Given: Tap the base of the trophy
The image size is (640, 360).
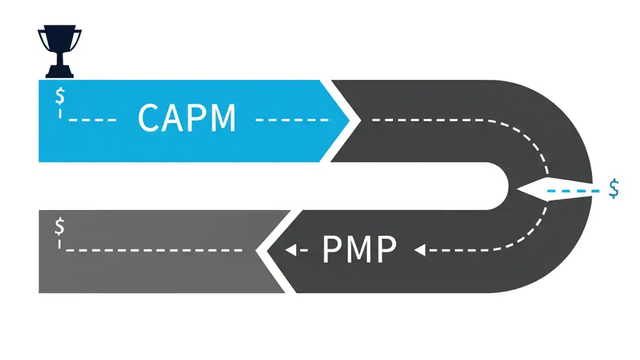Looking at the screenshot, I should pos(59,72).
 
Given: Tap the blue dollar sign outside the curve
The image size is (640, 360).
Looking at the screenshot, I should pos(614,189).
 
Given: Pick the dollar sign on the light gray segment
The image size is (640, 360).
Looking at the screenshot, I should pos(59,226).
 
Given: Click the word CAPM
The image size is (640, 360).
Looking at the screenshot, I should pos(186,118).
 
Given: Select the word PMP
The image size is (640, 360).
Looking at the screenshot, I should pos(359,249).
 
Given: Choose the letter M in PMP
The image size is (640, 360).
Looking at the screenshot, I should pos(359,249).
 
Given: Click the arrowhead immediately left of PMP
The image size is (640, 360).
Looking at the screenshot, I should pos(289,249).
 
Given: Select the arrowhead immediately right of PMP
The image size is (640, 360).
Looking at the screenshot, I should pos(420,249).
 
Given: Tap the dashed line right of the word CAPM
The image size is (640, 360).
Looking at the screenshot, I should pos(292,120).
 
